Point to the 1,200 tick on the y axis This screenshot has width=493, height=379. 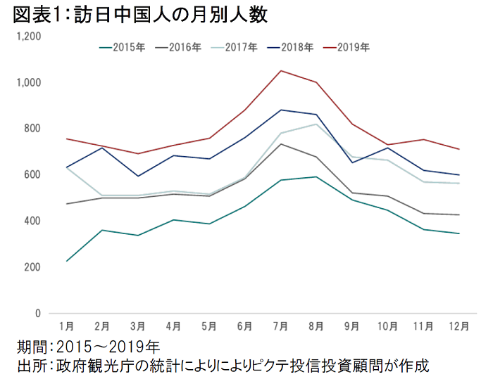tap(30, 36)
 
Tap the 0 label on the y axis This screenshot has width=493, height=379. tap(39, 314)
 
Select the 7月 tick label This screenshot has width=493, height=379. tap(280, 327)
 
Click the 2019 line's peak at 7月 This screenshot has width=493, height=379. tap(280, 70)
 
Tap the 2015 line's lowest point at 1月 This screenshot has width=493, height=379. tap(66, 261)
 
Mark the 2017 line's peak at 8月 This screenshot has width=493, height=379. tap(316, 124)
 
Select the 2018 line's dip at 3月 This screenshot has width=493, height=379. tap(138, 176)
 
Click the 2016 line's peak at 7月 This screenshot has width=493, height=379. tap(280, 144)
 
